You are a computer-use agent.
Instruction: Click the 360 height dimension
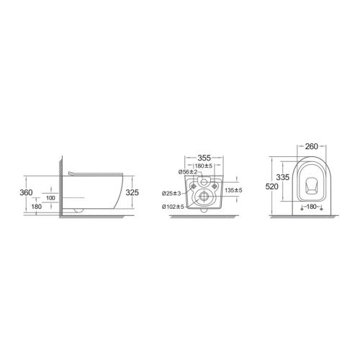(x=26, y=192)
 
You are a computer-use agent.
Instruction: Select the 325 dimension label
(x=132, y=192)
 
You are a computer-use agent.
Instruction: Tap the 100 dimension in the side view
(x=50, y=198)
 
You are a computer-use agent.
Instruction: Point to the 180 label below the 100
(x=37, y=207)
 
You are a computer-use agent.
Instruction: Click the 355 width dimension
(x=204, y=158)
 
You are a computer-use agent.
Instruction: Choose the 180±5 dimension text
(x=204, y=166)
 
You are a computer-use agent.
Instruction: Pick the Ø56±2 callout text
(x=188, y=172)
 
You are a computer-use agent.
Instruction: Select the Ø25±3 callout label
(x=171, y=194)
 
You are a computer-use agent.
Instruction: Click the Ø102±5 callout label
(x=173, y=207)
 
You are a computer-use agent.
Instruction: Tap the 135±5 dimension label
(x=233, y=190)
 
